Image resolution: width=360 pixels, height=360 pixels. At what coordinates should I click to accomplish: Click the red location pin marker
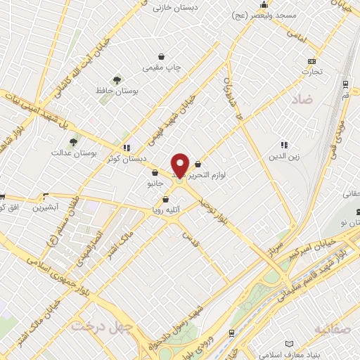tap(180, 165)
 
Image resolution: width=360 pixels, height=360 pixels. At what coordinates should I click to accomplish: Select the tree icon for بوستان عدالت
tap(74, 143)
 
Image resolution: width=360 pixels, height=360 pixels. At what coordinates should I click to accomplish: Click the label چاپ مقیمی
tap(162, 67)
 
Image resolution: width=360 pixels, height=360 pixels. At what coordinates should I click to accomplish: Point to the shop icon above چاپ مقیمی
tap(162, 56)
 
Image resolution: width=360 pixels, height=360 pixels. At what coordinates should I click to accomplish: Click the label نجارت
tap(311, 71)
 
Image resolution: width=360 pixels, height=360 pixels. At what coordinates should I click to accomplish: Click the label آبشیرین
tap(53, 208)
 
